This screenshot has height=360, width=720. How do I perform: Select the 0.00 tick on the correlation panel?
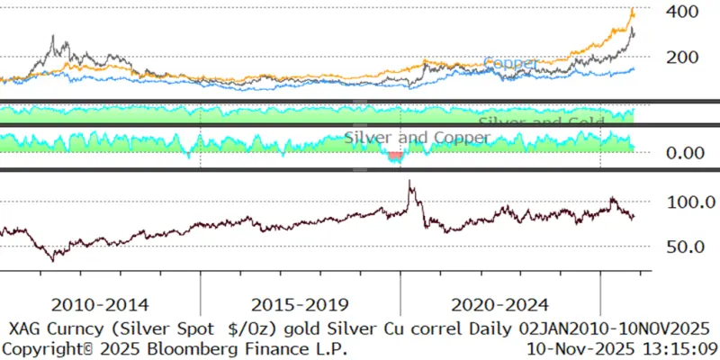(x=676, y=153)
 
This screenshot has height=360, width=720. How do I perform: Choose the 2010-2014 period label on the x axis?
(x=102, y=305)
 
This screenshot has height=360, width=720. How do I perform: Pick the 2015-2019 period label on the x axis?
(x=301, y=305)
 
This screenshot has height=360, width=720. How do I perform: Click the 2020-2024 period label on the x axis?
(x=500, y=305)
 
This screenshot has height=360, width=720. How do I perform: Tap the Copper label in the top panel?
(x=511, y=64)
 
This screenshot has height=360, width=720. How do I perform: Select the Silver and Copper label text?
(x=418, y=138)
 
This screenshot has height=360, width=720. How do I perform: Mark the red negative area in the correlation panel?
(x=394, y=157)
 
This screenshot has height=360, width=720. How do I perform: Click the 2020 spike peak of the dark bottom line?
(x=410, y=183)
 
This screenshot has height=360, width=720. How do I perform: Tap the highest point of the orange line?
(x=632, y=10)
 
